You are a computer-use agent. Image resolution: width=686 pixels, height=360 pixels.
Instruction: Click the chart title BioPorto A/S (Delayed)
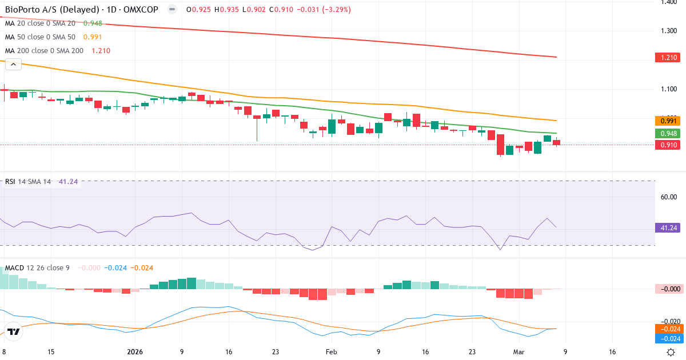(45, 10)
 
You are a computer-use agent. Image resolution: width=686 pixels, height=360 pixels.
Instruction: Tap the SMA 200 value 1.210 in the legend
(100, 51)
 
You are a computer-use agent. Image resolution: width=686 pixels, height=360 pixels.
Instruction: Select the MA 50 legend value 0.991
(93, 37)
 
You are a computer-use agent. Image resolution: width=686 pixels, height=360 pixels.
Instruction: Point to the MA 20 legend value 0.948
(93, 23)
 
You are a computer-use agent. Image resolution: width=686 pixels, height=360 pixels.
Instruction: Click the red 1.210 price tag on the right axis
(667, 58)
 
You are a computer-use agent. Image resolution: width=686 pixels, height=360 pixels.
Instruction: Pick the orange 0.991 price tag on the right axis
(667, 121)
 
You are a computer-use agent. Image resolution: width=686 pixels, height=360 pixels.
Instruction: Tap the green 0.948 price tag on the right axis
(667, 134)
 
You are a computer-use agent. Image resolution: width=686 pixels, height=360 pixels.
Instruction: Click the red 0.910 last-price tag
(667, 145)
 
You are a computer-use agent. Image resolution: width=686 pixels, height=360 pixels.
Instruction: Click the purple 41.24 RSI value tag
(667, 227)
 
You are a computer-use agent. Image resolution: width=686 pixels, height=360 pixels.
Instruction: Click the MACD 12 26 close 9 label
(37, 267)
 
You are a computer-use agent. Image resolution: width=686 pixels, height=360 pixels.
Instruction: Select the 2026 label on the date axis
(134, 352)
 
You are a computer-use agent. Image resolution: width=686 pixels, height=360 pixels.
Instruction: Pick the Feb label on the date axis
(332, 352)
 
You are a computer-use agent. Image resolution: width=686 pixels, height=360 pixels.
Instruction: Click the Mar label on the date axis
(519, 352)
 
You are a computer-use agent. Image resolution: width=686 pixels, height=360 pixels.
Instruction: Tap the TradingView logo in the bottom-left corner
(14, 331)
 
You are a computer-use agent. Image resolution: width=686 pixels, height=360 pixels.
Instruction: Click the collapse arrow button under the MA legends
(13, 65)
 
